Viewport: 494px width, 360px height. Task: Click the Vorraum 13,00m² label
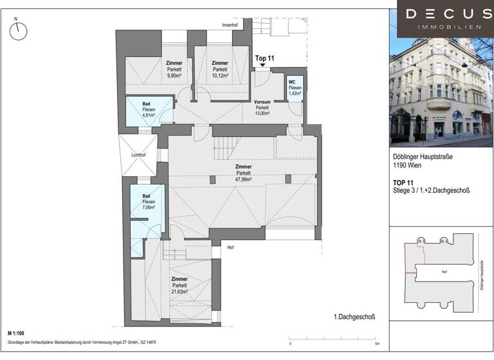pos(262,107)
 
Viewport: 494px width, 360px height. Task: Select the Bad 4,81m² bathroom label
pos(140,110)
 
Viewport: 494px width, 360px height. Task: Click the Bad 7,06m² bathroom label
pos(140,202)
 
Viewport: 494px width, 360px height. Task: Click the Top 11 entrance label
pos(265,58)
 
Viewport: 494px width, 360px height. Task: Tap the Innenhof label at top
pos(230,26)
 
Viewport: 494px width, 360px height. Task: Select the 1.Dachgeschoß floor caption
pos(354,317)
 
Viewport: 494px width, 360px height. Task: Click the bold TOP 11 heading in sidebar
pos(404,183)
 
